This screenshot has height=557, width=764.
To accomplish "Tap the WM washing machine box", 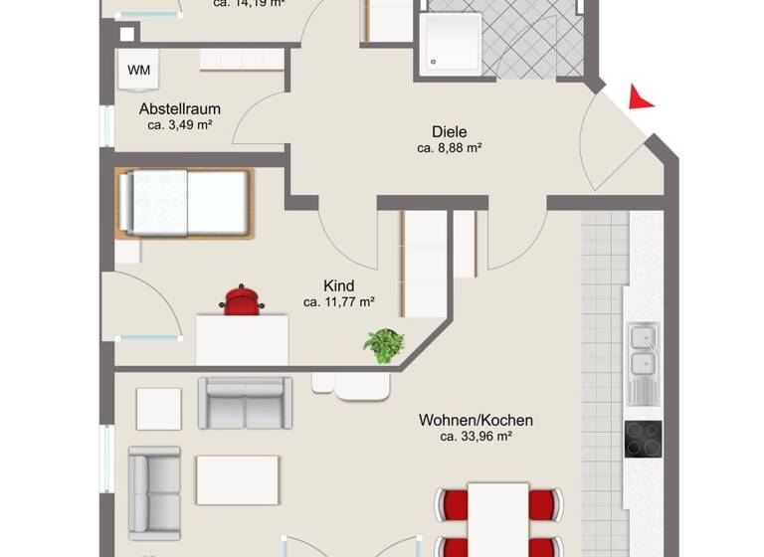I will (138, 70).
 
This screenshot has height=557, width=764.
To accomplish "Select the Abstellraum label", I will (179, 108).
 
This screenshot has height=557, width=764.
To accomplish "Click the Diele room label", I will (449, 131).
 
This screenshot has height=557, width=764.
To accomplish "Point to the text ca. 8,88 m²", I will (449, 149).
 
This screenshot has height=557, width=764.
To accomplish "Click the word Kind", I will (338, 285).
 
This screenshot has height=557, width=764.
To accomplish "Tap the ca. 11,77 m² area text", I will (338, 302).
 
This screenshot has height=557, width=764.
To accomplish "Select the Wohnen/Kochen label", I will (476, 420).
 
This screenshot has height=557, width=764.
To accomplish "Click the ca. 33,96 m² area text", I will (476, 437).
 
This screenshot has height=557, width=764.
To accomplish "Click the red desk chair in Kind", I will (241, 299).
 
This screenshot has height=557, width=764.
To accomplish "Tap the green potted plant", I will (383, 345).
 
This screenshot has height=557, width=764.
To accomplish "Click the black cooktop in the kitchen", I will (643, 439).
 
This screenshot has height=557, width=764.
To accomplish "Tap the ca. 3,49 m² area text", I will (180, 125).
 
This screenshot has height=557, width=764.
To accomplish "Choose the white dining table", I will (497, 518).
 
